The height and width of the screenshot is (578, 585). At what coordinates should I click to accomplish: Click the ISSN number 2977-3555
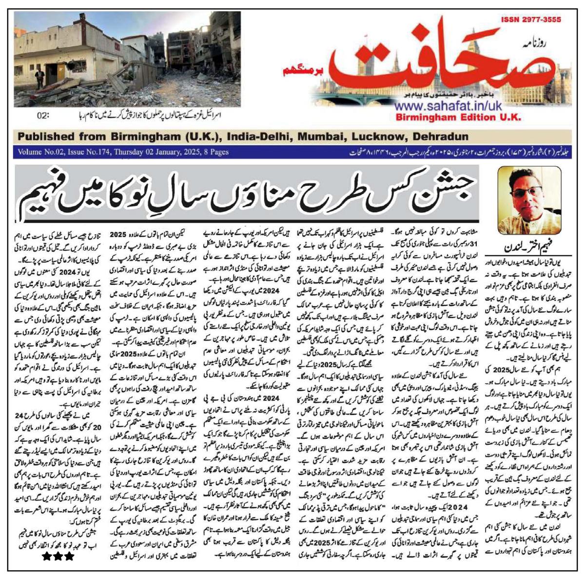pyautogui.click(x=530, y=20)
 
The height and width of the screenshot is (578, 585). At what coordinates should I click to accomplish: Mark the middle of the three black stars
pyautogui.click(x=58, y=557)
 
